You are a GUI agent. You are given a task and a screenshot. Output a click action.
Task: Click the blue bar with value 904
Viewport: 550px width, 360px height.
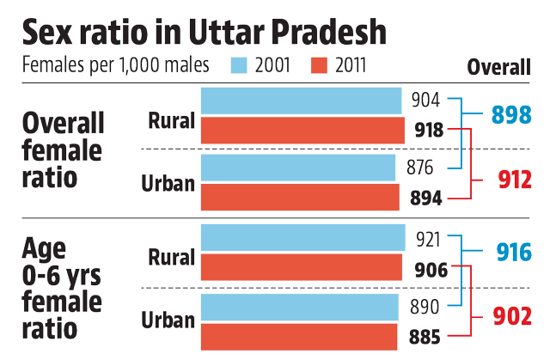pyautogui.click(x=301, y=101)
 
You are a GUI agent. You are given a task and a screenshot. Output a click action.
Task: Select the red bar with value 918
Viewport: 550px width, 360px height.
pyautogui.click(x=302, y=131)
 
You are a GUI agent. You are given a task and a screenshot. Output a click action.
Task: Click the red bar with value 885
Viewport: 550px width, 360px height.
pyautogui.click(x=298, y=335)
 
